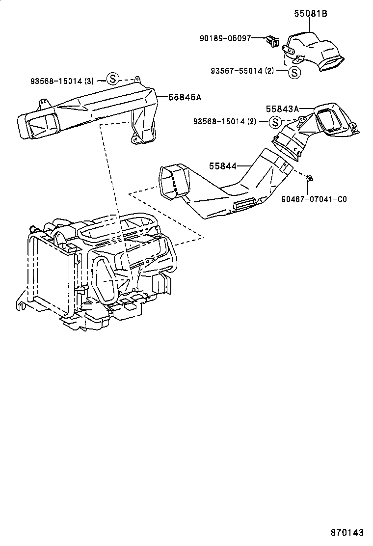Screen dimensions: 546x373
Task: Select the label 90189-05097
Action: click(225, 38)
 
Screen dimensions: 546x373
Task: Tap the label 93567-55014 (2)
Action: click(242, 71)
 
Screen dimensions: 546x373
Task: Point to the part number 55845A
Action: click(185, 97)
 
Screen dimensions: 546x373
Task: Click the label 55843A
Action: click(282, 109)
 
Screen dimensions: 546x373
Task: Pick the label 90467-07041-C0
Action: click(314, 199)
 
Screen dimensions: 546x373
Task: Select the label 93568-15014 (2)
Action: click(224, 121)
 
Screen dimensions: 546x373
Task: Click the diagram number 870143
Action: click(346, 532)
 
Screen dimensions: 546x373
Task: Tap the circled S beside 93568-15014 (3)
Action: click(112, 79)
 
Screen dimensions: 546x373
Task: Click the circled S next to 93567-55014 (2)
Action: click(293, 73)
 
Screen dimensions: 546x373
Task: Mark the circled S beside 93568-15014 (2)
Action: click(275, 122)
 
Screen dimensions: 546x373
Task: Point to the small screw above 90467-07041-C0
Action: click(310, 179)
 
